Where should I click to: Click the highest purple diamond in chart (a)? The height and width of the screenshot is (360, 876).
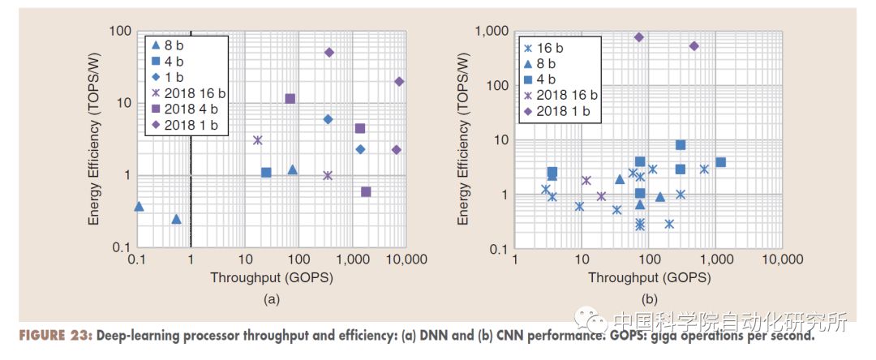click(329, 53)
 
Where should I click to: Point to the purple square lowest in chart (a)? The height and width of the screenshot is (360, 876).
click(366, 192)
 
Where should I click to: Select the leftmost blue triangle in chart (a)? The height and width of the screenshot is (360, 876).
click(139, 207)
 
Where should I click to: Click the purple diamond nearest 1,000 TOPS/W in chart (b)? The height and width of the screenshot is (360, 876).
click(639, 37)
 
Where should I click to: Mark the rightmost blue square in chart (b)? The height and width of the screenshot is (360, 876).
click(720, 162)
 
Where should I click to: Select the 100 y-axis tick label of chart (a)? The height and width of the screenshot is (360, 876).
click(120, 31)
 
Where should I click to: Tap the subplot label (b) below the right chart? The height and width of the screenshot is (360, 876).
click(649, 299)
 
